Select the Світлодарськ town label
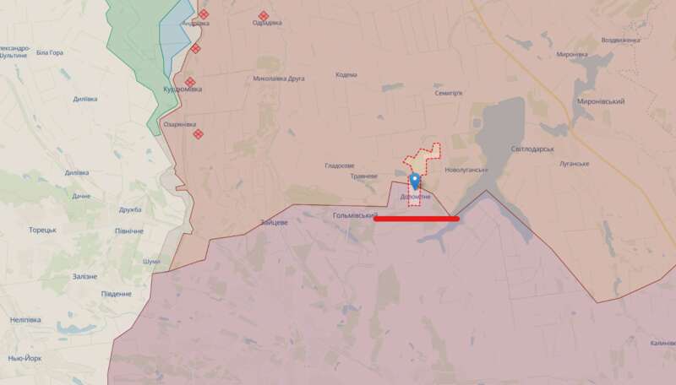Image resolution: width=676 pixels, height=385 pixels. tap(532, 149)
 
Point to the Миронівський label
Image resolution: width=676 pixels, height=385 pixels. tap(600, 101)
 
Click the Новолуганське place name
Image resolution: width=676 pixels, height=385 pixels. tap(466, 170)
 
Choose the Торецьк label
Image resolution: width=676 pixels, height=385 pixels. tap(42, 230)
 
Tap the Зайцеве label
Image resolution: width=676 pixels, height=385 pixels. tap(275, 222)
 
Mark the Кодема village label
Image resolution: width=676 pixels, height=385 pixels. tap(346, 75)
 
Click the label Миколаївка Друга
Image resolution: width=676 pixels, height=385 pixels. tap(279, 79)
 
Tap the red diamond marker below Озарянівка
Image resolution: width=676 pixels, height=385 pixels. tap(199, 133)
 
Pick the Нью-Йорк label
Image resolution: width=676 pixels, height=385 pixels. tap(26, 358)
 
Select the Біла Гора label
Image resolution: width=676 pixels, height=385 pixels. tap(50, 53)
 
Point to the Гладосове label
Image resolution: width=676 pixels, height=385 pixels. tap(340, 165)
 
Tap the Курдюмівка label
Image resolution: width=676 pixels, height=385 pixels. tap(181, 89)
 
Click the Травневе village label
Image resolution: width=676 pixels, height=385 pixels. tap(363, 176)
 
